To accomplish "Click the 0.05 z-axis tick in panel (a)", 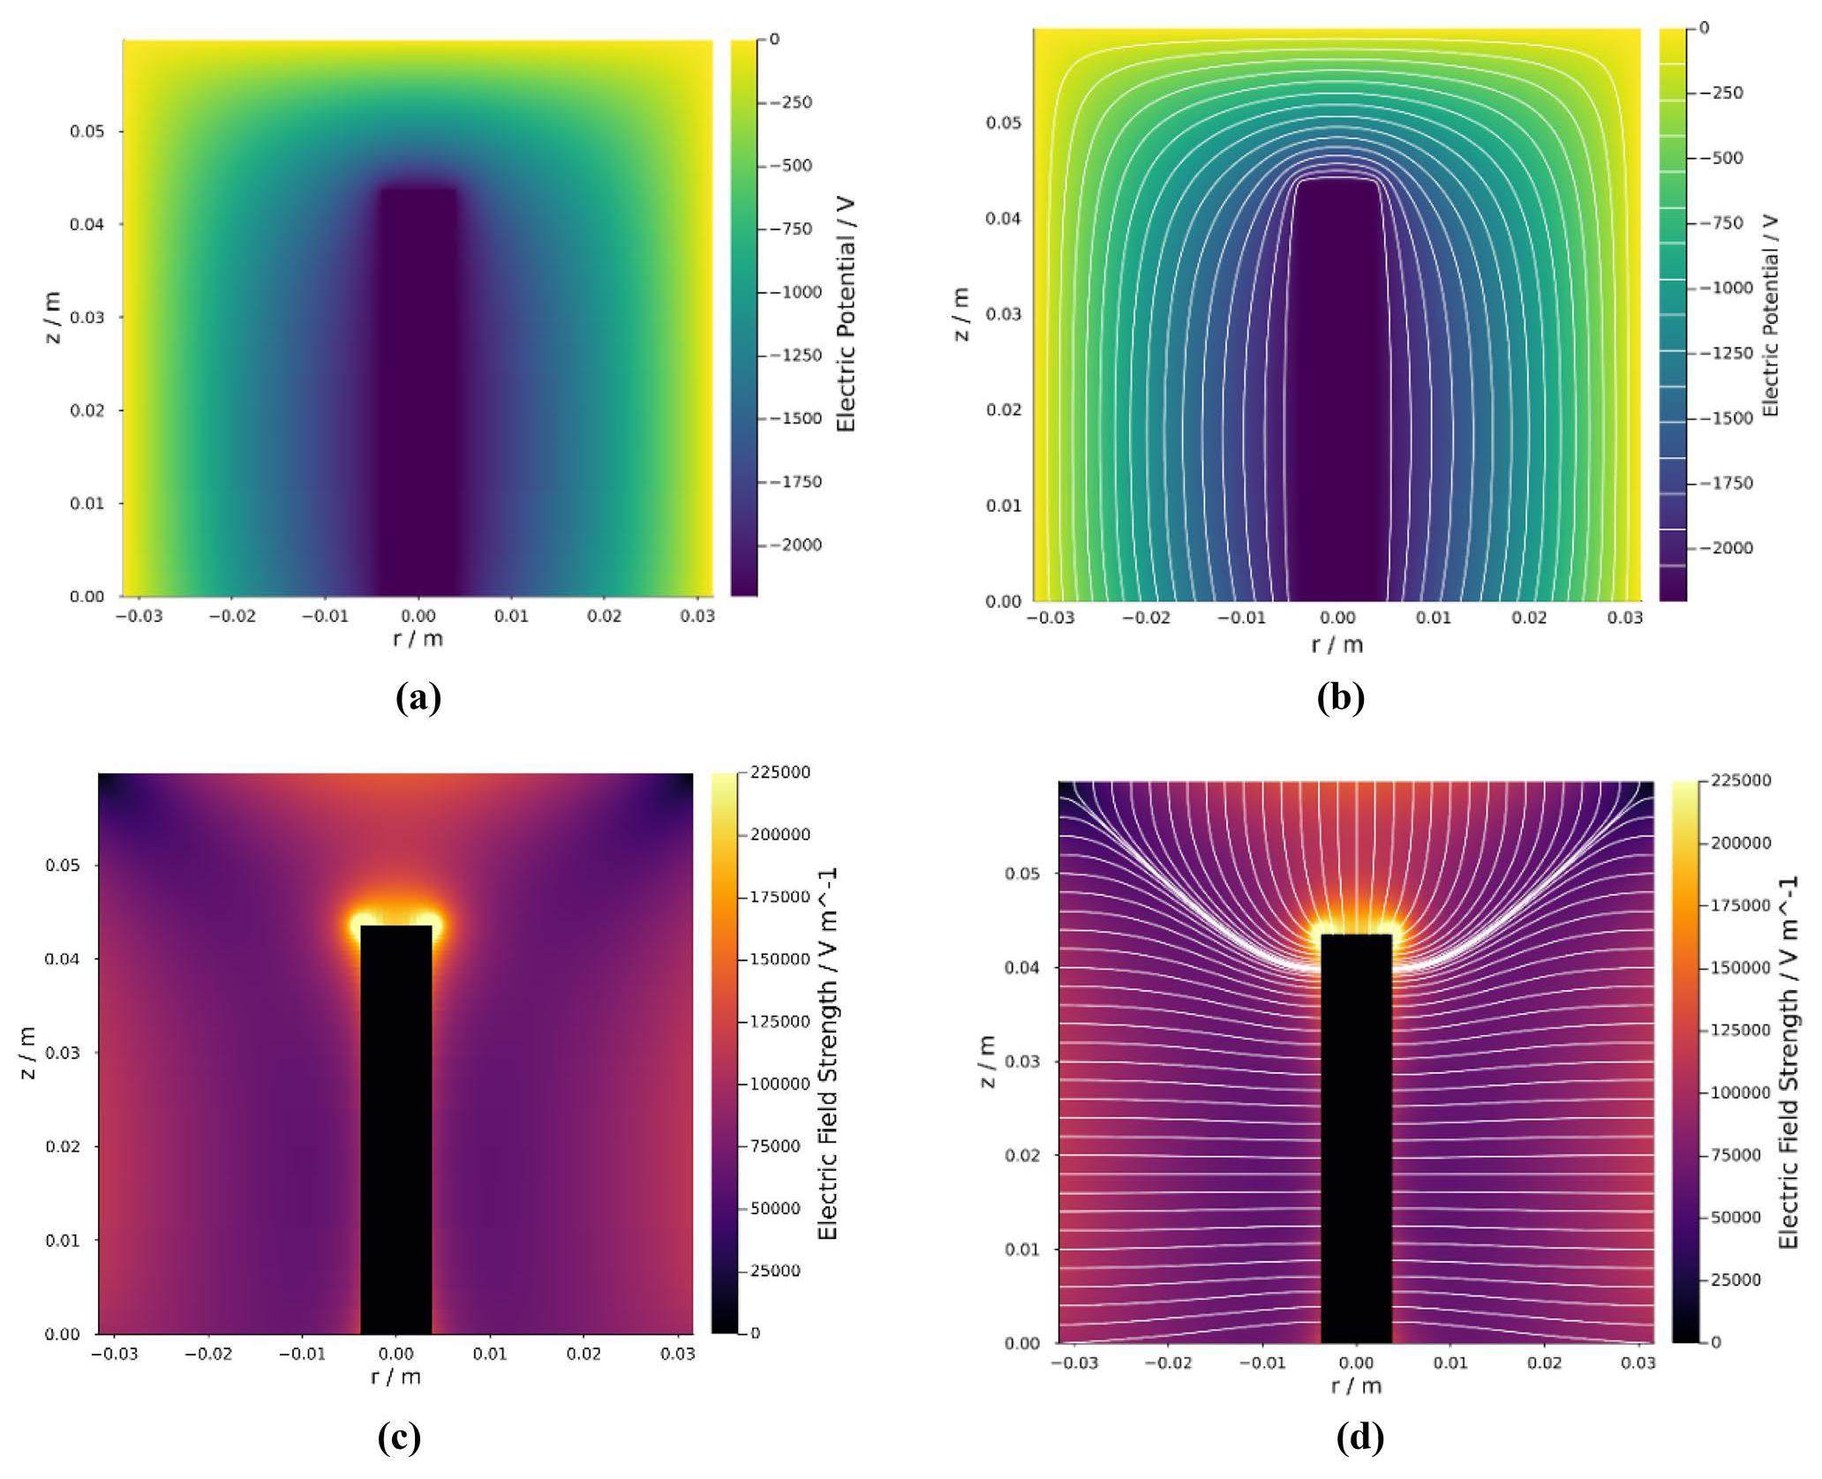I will point(87,131).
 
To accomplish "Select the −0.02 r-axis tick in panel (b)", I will point(1146,619).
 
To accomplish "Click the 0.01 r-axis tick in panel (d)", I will point(1449,1363).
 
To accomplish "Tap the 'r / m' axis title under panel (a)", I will point(418,639).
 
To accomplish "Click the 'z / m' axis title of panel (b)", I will point(961,315).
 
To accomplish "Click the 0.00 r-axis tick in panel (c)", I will point(396,1353).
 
